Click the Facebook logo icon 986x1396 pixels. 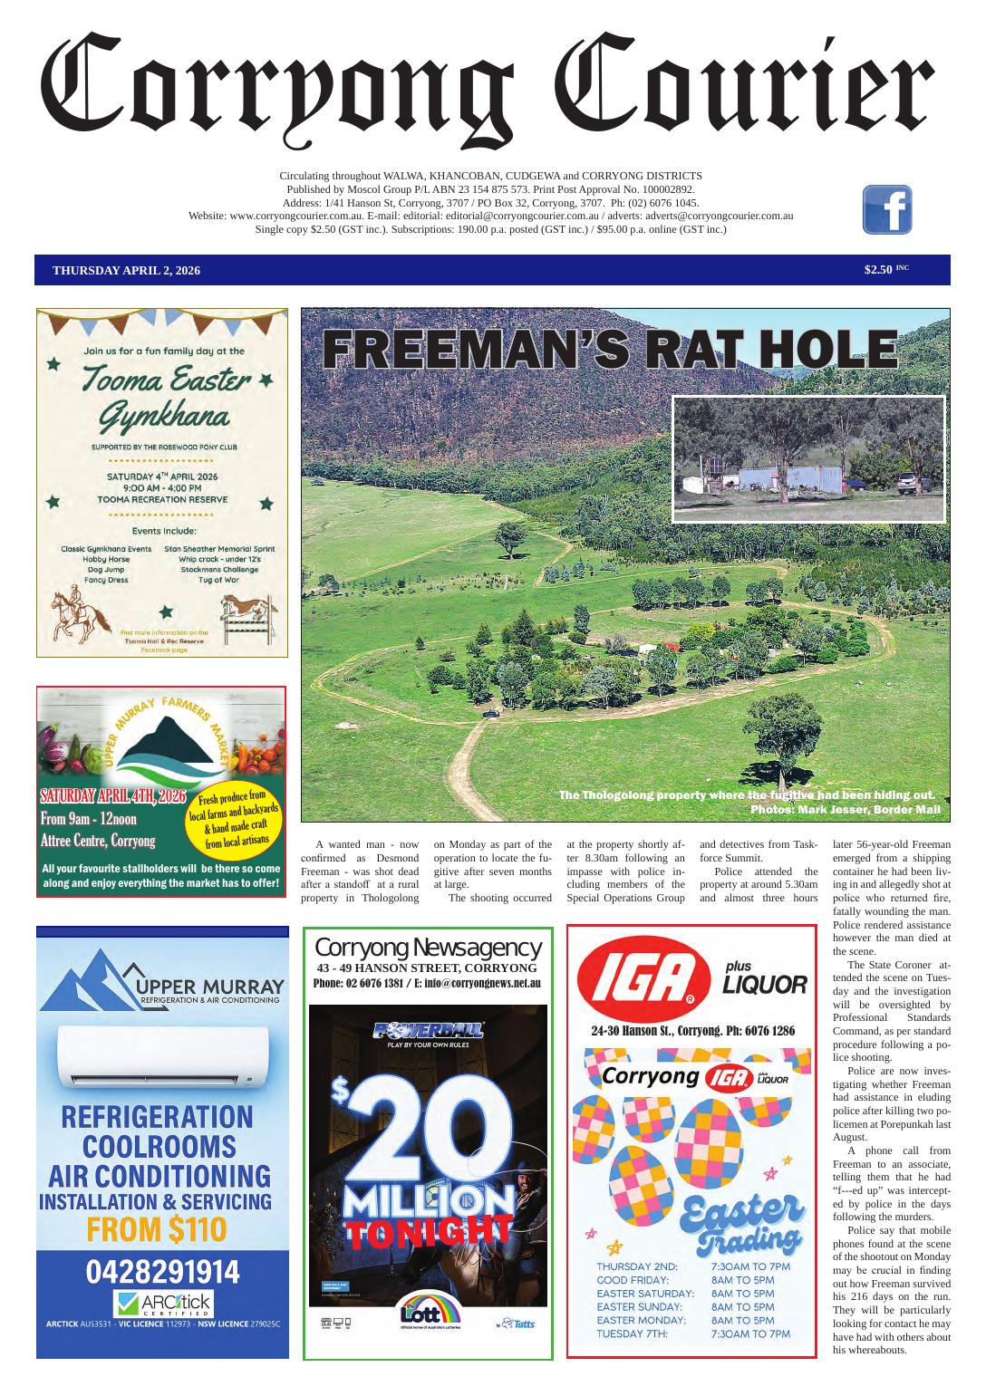[886, 210]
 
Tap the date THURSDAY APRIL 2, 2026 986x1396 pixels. [127, 271]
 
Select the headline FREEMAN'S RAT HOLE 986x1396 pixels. [610, 349]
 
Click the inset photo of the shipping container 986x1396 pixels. [808, 459]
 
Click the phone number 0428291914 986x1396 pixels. [163, 1272]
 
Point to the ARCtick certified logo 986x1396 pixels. [163, 1305]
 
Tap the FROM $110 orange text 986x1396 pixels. [156, 1230]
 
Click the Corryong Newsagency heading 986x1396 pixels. [428, 948]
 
